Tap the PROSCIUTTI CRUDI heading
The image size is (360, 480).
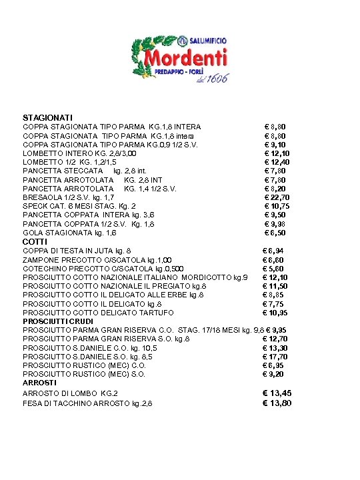click(59, 321)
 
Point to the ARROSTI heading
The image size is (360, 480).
click(40, 383)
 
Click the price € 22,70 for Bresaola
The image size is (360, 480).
click(277, 197)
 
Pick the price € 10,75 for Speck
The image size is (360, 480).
click(277, 207)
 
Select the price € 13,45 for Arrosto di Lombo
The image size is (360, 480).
click(277, 393)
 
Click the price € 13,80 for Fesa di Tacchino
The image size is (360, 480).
click(277, 403)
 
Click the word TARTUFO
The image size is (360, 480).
click(157, 313)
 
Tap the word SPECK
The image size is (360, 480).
click(35, 207)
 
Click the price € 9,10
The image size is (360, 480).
click(276, 144)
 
